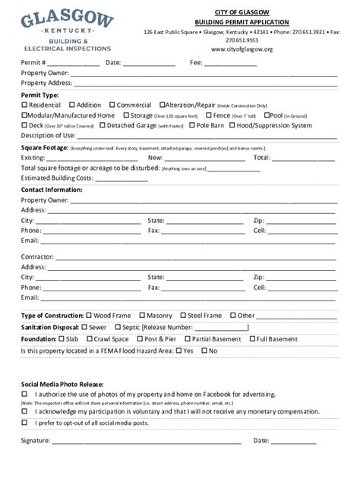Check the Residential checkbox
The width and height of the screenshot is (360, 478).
(x=24, y=105)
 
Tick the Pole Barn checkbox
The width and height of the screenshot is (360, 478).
(x=192, y=125)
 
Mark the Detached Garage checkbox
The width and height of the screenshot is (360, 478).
(x=102, y=125)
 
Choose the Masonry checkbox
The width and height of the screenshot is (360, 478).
(x=141, y=315)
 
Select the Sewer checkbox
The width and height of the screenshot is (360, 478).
(x=84, y=327)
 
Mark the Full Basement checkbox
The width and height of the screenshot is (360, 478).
(x=252, y=339)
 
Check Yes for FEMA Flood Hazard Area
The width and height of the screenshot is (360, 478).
(x=178, y=351)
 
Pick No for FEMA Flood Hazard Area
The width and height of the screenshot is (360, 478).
(x=204, y=351)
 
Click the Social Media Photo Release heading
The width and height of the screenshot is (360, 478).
(x=62, y=385)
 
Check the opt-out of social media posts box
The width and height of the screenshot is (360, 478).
(x=24, y=423)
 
